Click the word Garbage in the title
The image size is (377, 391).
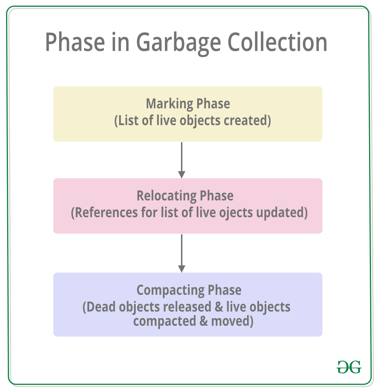178,42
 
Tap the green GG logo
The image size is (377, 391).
349,366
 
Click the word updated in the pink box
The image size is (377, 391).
281,213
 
